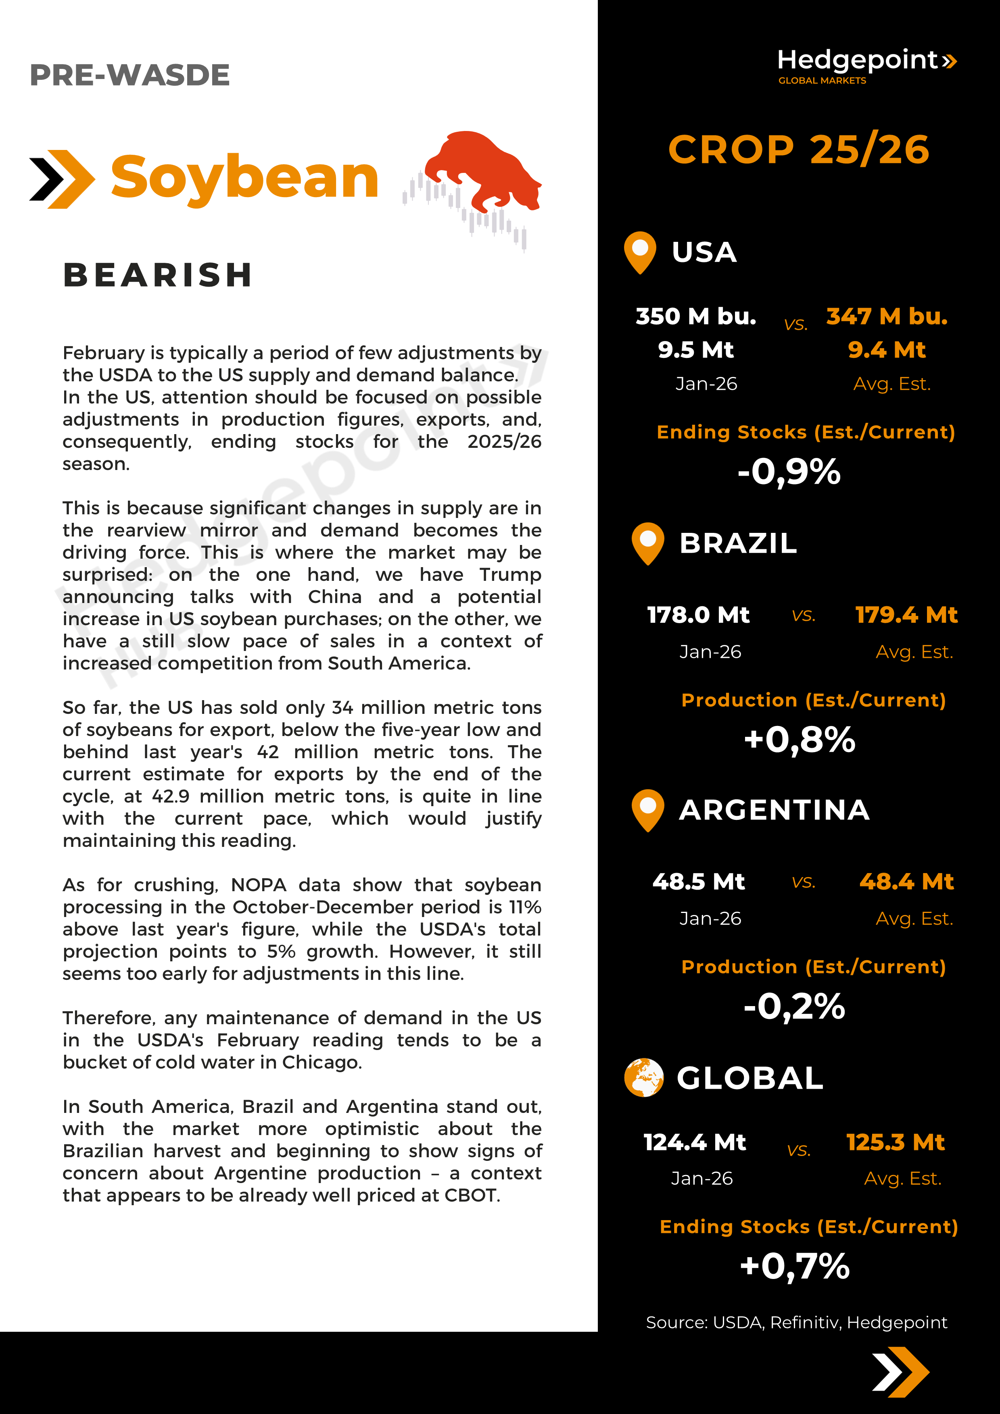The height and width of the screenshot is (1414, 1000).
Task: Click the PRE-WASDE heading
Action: coord(129,75)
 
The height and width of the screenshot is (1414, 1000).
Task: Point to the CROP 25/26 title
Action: coord(799,150)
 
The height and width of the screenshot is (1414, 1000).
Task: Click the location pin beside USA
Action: coord(640,251)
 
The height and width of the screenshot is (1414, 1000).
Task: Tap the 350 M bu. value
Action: coord(695,316)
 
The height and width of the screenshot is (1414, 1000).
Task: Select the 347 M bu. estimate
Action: coord(887,316)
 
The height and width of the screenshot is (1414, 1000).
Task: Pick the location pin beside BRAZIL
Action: coord(647,543)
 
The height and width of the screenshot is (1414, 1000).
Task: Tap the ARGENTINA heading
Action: coord(774,810)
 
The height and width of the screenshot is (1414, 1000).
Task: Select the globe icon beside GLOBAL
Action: coord(643,1078)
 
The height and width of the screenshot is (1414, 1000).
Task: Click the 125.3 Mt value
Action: coord(895,1142)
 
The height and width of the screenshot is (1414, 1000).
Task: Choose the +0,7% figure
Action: coord(795,1267)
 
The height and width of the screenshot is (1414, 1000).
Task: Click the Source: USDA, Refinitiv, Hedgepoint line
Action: coord(796,1322)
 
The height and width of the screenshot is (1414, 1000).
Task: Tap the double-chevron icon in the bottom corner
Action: coord(900,1372)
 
